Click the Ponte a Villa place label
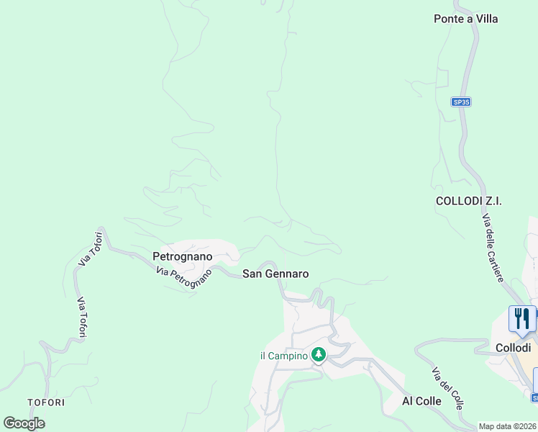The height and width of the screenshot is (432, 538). click(465, 19)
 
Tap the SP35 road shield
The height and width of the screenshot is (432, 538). click(461, 102)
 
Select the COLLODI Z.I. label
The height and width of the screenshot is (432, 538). click(468, 201)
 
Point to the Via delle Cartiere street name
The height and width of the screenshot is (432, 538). click(493, 248)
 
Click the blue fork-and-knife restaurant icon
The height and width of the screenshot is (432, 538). click(521, 318)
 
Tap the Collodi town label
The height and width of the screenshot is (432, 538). click(513, 347)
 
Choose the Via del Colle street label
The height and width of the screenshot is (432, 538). click(447, 388)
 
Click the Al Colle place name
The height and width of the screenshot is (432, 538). click(421, 401)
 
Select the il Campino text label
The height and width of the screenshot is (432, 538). click(283, 355)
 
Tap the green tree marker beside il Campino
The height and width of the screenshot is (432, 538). click(319, 354)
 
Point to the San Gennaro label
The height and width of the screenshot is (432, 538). click(275, 274)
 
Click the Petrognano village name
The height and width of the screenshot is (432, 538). click(183, 256)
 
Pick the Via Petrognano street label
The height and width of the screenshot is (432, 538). click(184, 279)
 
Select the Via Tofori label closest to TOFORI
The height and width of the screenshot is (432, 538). click(81, 318)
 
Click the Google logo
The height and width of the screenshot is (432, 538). click(24, 423)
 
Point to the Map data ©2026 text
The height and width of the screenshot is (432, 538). click(508, 426)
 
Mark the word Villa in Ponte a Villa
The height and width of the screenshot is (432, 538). click(485, 19)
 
